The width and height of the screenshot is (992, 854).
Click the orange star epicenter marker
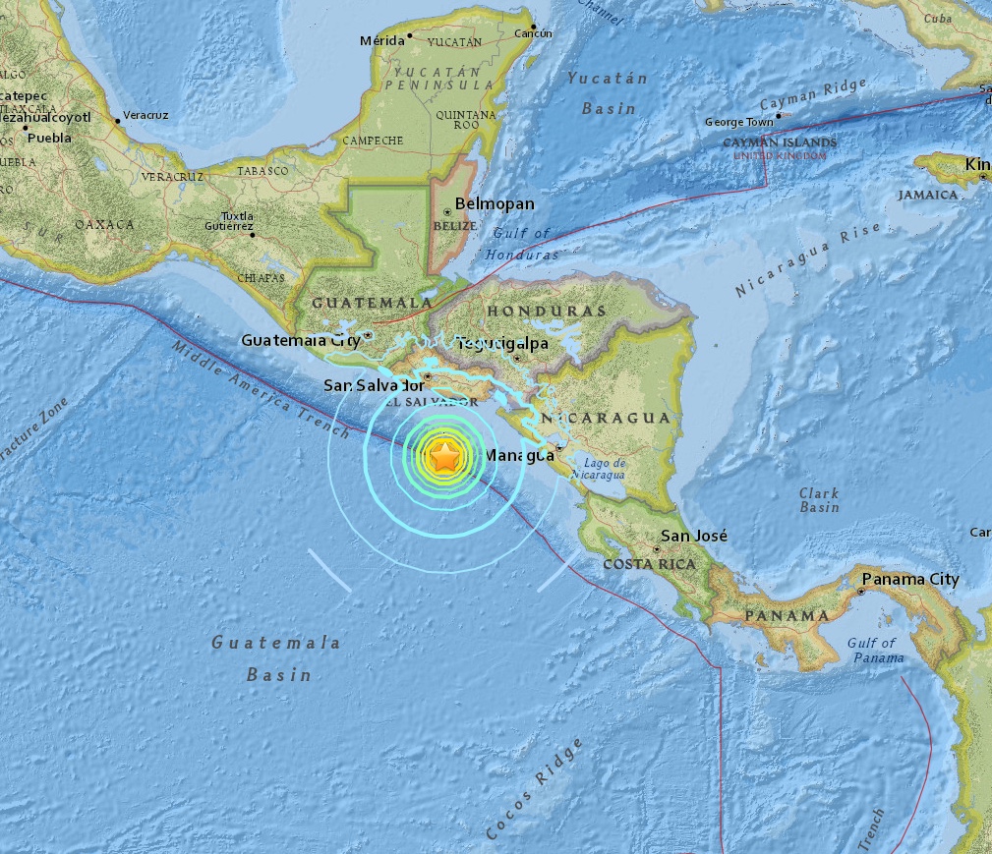[x=445, y=456]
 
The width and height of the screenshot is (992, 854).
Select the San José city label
[x=694, y=536]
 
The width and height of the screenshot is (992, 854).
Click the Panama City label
[x=910, y=580]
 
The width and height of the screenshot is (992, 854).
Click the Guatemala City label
[x=300, y=341]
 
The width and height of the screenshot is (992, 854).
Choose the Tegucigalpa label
[x=494, y=343]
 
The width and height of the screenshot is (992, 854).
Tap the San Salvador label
[x=373, y=386]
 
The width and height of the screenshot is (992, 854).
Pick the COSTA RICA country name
[x=649, y=564]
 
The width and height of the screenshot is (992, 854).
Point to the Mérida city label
[x=382, y=40]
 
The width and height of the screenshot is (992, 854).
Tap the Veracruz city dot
[x=119, y=120]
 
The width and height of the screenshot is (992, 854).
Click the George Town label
[x=739, y=123]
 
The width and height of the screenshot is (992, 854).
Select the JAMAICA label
[x=927, y=195]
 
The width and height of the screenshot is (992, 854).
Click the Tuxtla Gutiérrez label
[x=237, y=221]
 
